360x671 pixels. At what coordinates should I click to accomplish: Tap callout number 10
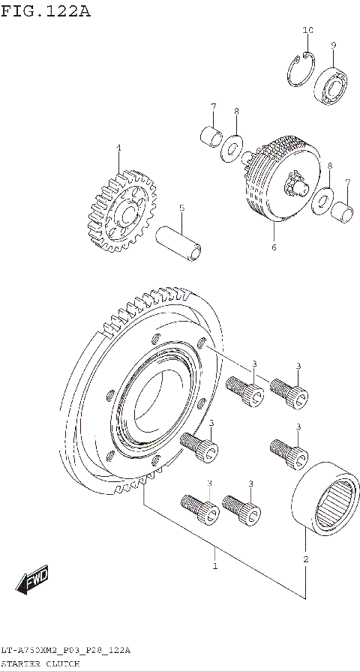(x=307, y=30)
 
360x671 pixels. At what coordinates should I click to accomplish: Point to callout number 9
(x=333, y=45)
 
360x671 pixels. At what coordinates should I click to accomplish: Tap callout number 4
(x=118, y=148)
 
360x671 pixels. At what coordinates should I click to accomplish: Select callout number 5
(x=181, y=208)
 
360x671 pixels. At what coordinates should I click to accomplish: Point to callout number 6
(x=274, y=247)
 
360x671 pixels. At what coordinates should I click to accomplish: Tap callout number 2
(x=305, y=558)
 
